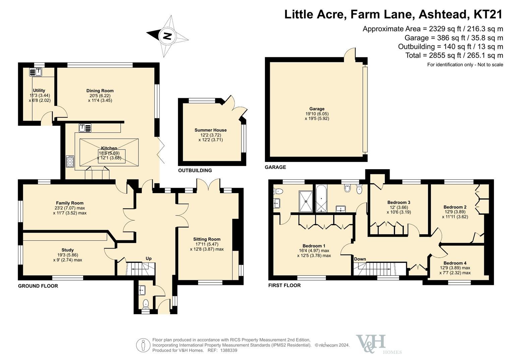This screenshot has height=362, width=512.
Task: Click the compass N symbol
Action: (x=168, y=36)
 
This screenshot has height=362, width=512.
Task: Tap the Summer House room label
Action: (x=211, y=130)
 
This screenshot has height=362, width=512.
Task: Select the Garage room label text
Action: (x=317, y=109)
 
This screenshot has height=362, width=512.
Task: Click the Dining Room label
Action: (x=100, y=91)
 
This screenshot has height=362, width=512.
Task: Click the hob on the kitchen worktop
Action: (x=70, y=161)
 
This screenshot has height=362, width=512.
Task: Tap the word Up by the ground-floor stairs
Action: (x=149, y=258)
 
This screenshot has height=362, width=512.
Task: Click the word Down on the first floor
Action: (x=360, y=259)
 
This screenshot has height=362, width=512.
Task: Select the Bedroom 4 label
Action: (x=455, y=263)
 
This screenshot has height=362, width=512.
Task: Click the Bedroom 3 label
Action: (x=399, y=202)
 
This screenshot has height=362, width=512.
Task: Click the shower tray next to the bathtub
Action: (x=306, y=201)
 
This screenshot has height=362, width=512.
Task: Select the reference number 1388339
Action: (x=229, y=350)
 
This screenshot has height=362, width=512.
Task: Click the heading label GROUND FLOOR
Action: (x=38, y=286)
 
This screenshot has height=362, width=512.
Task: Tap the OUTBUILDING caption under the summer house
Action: (x=195, y=171)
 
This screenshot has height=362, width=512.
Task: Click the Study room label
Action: (x=67, y=250)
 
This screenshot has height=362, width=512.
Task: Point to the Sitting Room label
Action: (x=207, y=239)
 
